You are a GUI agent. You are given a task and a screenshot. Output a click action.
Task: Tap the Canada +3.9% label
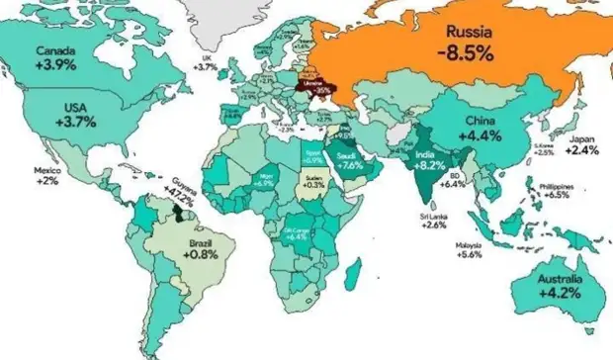coord(55,57)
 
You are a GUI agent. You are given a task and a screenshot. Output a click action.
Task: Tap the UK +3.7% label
coord(206,62)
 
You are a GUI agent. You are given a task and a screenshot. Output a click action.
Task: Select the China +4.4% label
coord(485,129)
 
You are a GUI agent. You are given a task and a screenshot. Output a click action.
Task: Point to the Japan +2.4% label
coord(580,145)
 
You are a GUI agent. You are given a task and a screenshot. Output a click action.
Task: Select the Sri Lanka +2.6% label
coord(432,220)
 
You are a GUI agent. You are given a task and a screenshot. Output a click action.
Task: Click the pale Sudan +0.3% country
coord(315,181)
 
